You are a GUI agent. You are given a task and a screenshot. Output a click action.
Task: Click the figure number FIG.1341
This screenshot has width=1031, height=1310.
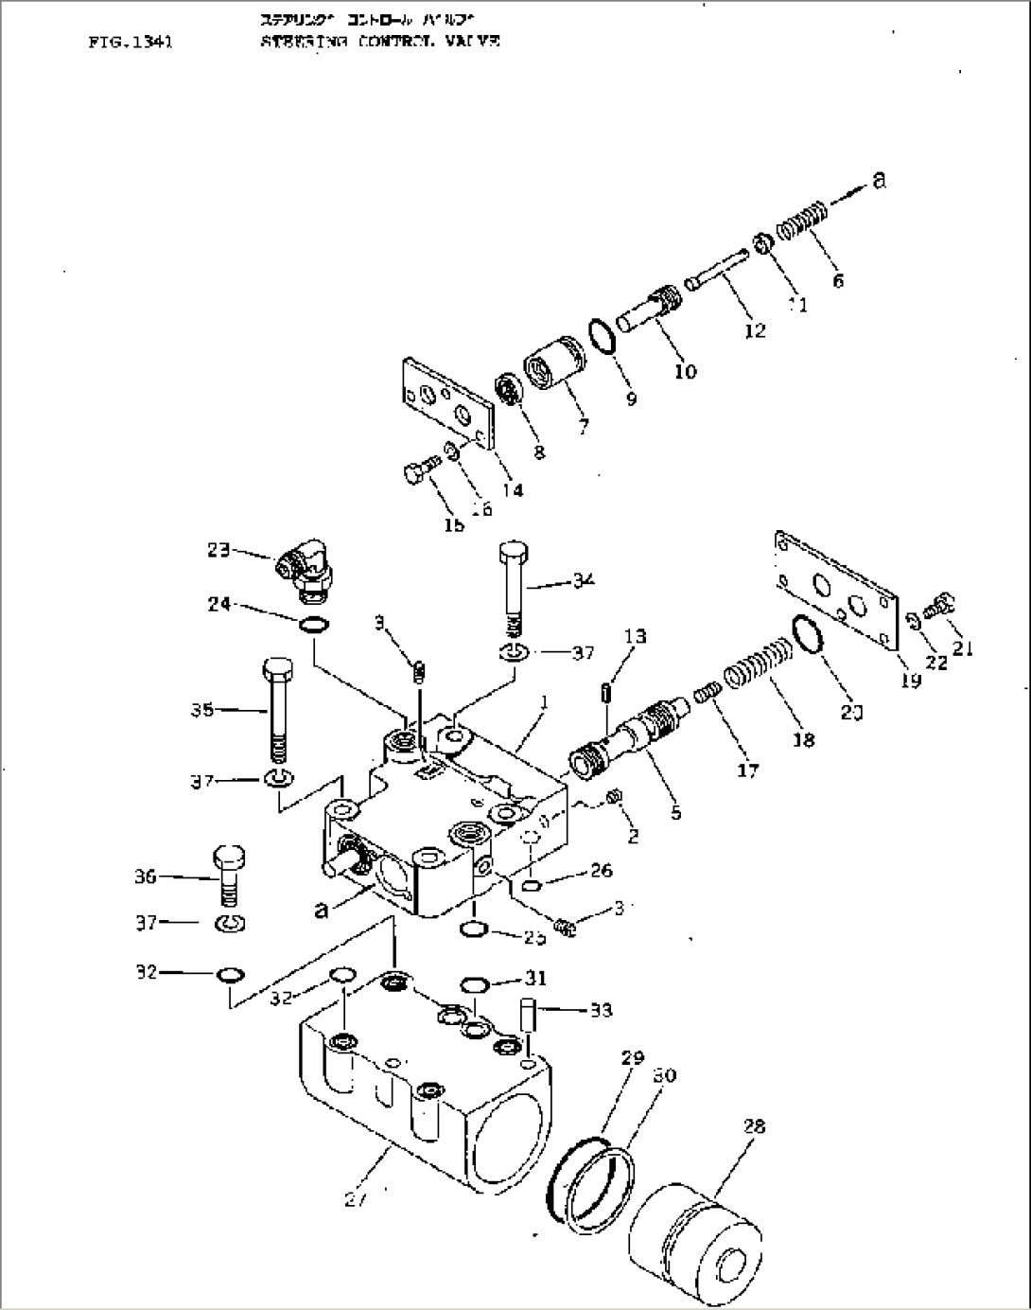(x=130, y=42)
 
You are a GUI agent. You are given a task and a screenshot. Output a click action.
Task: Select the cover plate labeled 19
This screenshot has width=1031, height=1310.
(x=834, y=591)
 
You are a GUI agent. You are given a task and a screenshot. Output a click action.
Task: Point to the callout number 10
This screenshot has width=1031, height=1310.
(x=685, y=371)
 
